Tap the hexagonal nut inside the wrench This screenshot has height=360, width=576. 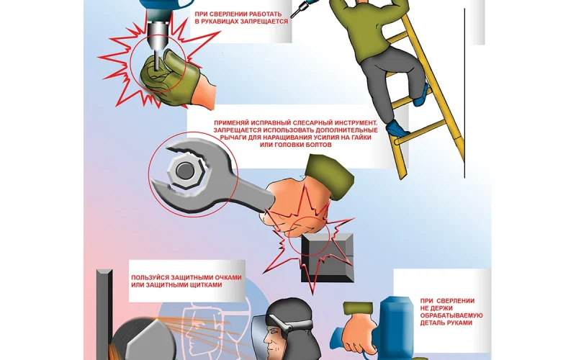click(x=184, y=171)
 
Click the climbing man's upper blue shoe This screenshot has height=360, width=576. click(x=421, y=96)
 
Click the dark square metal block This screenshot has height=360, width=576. click(x=328, y=258)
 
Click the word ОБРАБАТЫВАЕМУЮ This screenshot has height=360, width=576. click(x=451, y=315)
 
